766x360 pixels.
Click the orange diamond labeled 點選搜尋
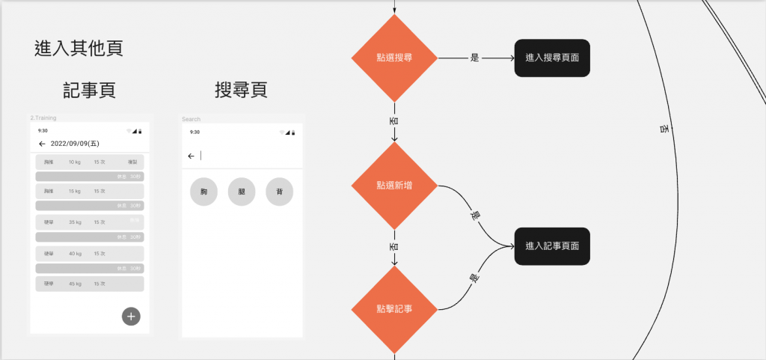394,58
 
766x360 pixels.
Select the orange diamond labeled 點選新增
394,185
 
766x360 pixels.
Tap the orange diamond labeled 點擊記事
394,309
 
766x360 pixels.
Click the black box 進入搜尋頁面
552,58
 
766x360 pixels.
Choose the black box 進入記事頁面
552,246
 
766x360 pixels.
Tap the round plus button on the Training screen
131,317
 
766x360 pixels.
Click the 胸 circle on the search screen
203,192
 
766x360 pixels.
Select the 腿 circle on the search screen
242,192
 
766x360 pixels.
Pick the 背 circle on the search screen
280,192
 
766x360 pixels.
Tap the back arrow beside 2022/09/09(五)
42,144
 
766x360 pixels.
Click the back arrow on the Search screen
191,156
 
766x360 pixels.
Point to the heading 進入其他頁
79,49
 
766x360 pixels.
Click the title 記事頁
89,91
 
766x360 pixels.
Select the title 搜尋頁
241,91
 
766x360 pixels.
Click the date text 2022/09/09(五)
75,144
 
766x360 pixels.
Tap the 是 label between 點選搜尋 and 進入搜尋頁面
474,58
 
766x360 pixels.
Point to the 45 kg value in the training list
75,284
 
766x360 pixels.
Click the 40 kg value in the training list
75,253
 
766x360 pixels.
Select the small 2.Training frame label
43,118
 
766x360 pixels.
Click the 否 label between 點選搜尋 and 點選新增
394,120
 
